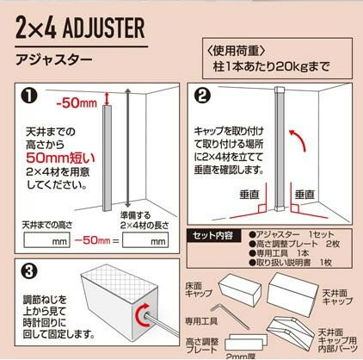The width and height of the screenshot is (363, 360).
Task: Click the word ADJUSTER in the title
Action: (103, 28)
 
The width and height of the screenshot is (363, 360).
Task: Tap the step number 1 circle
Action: (29, 96)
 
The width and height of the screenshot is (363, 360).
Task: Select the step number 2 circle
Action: (202, 96)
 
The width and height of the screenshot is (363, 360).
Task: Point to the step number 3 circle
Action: (29, 271)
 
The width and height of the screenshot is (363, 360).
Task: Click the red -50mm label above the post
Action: (77, 103)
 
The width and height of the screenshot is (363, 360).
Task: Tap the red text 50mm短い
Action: (60, 158)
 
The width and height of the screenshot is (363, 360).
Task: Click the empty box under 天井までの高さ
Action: (46, 240)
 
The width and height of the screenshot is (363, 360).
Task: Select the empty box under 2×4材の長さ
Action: (145, 240)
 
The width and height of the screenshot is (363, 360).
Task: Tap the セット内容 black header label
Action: (212, 236)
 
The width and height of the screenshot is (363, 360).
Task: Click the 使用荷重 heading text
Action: (236, 51)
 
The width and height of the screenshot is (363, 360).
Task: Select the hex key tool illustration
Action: (230, 316)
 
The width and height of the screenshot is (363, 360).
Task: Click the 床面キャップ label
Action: (198, 289)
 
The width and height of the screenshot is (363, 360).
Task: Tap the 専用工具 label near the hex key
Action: (200, 321)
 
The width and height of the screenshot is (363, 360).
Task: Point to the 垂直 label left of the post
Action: (249, 195)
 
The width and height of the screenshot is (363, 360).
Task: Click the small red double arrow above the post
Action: (107, 98)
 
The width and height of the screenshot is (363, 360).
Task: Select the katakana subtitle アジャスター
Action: (54, 59)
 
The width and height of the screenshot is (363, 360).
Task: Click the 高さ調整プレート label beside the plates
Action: (202, 345)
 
